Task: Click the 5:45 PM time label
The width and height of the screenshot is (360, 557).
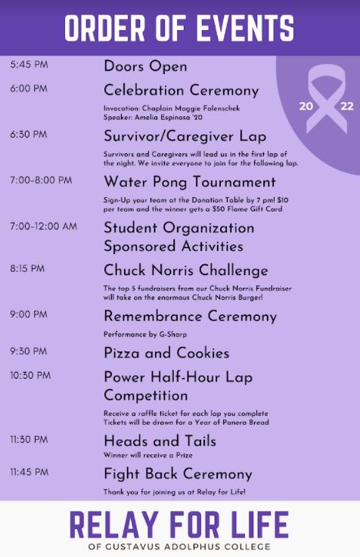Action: (x=29, y=65)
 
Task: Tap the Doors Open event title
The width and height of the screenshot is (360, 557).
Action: (x=145, y=67)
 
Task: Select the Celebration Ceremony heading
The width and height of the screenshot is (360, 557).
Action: (x=182, y=90)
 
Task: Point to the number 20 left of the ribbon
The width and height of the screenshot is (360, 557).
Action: (x=306, y=106)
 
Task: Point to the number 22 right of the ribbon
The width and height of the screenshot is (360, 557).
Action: (x=347, y=106)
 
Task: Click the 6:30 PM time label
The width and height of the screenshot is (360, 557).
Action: (x=29, y=135)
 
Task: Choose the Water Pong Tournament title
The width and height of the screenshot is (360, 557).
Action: (x=190, y=182)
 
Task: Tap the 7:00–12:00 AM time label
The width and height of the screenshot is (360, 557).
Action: (x=43, y=226)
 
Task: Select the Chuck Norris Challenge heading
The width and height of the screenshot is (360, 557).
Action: (x=186, y=271)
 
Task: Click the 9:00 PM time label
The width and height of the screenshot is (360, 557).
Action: (x=29, y=314)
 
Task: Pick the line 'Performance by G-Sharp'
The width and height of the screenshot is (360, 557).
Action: (x=145, y=334)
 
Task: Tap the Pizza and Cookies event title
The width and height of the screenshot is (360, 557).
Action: (x=166, y=353)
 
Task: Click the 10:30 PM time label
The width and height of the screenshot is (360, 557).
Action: (x=30, y=376)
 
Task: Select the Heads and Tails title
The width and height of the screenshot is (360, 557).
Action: (x=160, y=441)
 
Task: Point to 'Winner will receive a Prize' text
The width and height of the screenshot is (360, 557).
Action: (x=147, y=455)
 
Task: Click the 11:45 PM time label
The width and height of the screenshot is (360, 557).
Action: (x=29, y=472)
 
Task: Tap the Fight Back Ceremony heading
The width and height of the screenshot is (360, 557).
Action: (x=178, y=474)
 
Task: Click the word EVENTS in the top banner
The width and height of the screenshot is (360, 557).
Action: (x=245, y=28)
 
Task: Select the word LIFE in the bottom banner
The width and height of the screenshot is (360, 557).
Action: (x=260, y=525)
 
